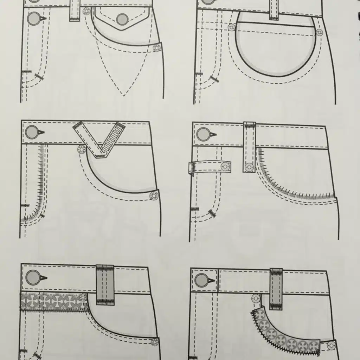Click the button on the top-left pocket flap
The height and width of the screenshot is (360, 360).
click(122, 19)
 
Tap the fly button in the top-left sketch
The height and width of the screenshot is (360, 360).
click(34, 18)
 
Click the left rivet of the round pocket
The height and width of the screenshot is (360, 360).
click(231, 27)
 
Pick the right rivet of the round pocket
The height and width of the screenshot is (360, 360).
click(319, 33)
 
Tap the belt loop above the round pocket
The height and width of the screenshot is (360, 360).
click(274, 9)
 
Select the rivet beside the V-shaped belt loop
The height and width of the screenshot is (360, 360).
click(82, 150)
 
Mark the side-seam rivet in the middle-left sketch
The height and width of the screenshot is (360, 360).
click(153, 196)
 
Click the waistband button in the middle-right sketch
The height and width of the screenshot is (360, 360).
click(203, 134)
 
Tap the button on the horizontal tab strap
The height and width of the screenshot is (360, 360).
click(225, 166)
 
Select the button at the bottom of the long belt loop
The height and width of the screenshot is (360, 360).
click(249, 167)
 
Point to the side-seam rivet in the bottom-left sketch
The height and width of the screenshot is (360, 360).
click(154, 342)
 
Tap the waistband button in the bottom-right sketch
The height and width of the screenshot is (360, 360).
click(202, 280)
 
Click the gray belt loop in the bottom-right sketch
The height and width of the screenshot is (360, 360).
click(276, 289)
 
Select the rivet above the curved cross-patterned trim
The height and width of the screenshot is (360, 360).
click(256, 298)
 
